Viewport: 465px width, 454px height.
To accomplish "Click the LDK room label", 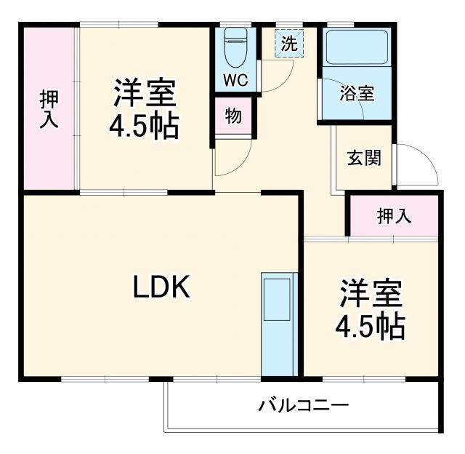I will pyautogui.click(x=161, y=289).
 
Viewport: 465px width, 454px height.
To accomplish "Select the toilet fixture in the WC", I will pyautogui.click(x=235, y=47).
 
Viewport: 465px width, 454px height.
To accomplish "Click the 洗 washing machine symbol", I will pyautogui.click(x=289, y=44).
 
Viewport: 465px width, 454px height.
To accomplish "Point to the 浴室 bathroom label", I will pyautogui.click(x=357, y=93).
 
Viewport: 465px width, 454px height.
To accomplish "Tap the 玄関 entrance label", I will pyautogui.click(x=364, y=158).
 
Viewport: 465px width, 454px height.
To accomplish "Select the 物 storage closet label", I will pyautogui.click(x=233, y=116).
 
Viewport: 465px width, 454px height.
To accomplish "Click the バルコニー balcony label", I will pyautogui.click(x=304, y=405).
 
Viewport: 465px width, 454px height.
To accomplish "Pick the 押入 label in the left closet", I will pyautogui.click(x=49, y=110).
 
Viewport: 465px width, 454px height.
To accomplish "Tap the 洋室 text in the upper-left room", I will pyautogui.click(x=143, y=95).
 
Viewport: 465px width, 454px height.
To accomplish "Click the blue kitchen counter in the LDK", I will pyautogui.click(x=279, y=324).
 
